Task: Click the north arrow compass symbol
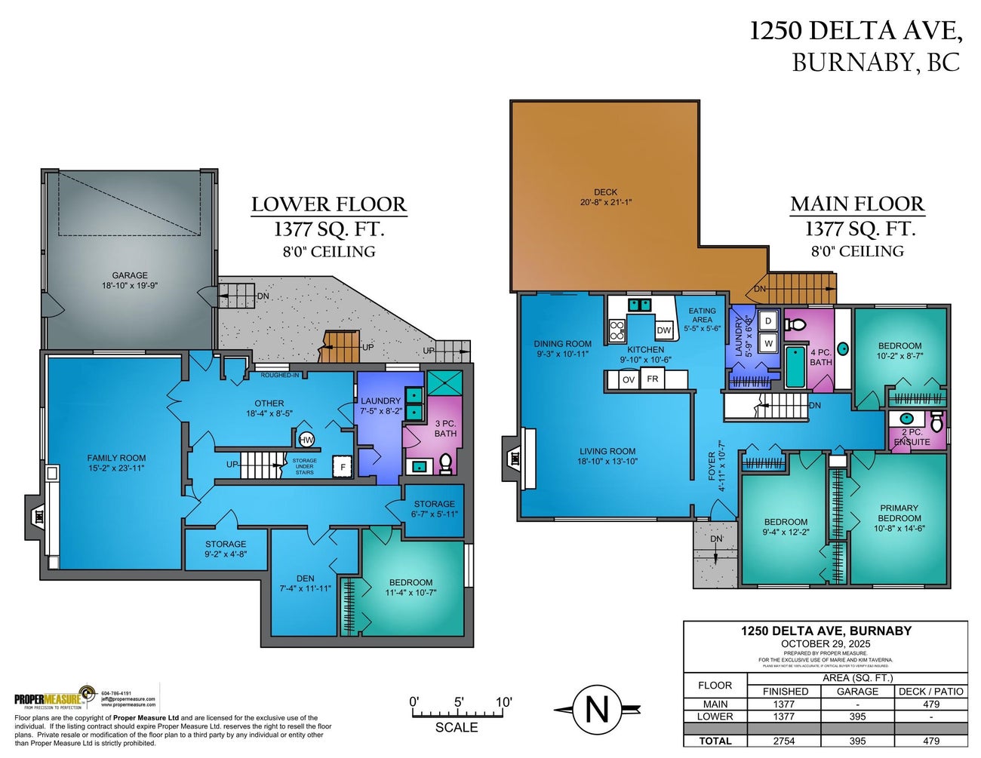(x=597, y=709)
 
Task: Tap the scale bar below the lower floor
(x=460, y=713)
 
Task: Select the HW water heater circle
(x=306, y=440)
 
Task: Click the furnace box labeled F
(x=343, y=467)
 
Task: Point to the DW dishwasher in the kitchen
(x=663, y=330)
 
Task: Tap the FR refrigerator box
(x=653, y=379)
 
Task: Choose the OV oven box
(x=628, y=379)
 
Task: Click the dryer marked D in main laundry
(x=768, y=321)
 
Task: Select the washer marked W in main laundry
(x=768, y=343)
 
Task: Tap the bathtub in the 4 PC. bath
(x=795, y=366)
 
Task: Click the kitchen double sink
(x=641, y=305)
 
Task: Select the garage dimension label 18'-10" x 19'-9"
(x=130, y=286)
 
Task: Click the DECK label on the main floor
(x=605, y=192)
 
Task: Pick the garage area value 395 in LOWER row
(x=857, y=717)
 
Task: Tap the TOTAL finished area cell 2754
(x=785, y=741)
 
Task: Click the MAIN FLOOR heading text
(x=857, y=204)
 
